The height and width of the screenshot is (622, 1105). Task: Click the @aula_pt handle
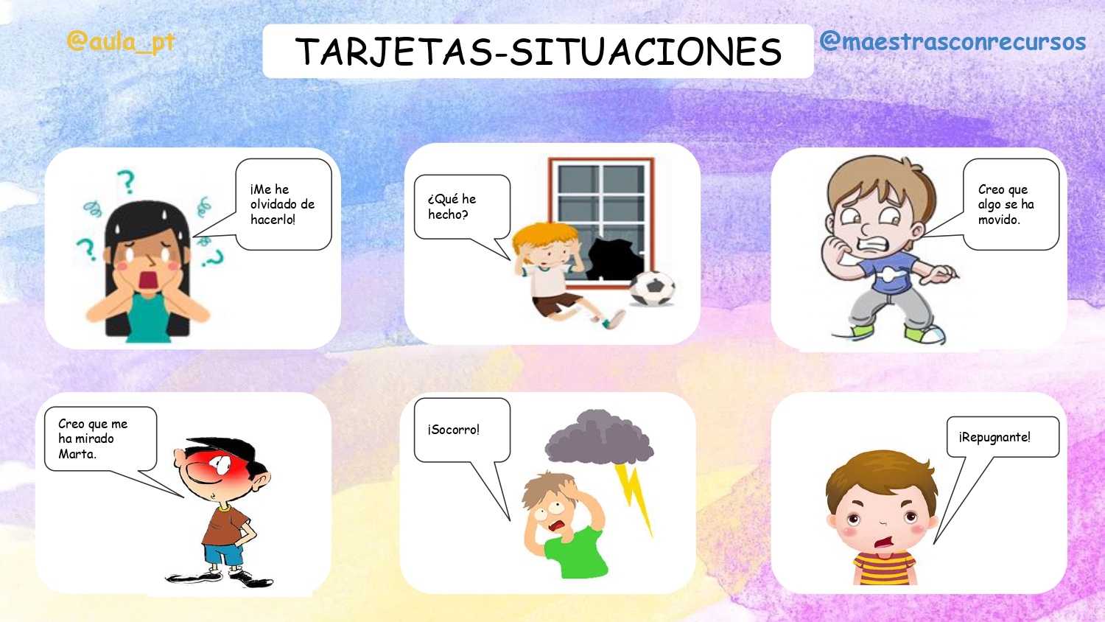click(x=121, y=42)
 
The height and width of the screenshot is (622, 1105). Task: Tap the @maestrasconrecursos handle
click(x=953, y=41)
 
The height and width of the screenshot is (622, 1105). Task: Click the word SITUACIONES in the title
click(x=646, y=52)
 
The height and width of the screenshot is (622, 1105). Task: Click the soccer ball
click(x=653, y=288)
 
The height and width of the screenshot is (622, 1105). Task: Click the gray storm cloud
click(x=599, y=437)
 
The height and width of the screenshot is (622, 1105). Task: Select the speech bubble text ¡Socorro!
click(x=453, y=430)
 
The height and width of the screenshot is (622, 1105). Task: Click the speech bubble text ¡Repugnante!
click(x=994, y=437)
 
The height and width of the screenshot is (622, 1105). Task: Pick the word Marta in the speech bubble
click(x=77, y=454)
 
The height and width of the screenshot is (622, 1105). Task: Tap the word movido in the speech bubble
click(x=999, y=220)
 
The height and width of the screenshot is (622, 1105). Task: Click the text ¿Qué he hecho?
click(x=452, y=206)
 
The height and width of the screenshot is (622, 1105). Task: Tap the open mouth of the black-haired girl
click(x=148, y=281)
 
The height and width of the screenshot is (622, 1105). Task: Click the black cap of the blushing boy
click(x=222, y=450)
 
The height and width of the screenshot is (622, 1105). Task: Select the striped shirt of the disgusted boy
click(x=885, y=567)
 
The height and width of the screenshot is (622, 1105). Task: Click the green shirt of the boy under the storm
click(x=576, y=552)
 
